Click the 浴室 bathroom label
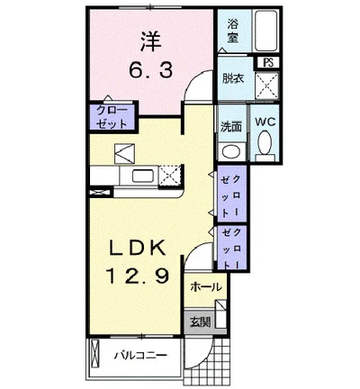coord(233,31)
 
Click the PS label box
coord(268,61)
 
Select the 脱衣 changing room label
coord(233,78)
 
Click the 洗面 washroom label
coord(231,126)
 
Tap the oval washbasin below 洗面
coord(231,150)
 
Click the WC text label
coord(265,121)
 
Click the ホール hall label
coord(207,286)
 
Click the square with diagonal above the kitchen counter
coord(124,151)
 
